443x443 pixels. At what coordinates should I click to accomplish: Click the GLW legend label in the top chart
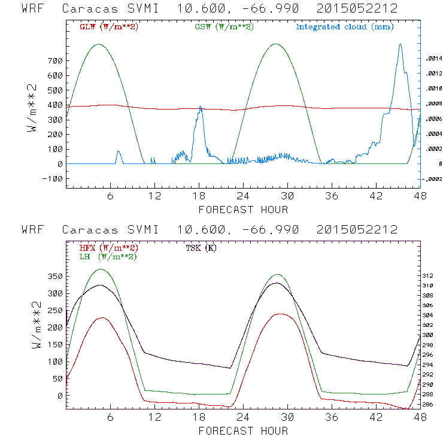point(108,27)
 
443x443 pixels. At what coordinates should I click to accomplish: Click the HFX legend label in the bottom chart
point(108,248)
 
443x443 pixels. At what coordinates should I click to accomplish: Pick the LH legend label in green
point(108,256)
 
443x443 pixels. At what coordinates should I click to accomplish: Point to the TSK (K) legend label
point(201,248)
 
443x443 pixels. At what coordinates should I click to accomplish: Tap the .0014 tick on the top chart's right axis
point(432,59)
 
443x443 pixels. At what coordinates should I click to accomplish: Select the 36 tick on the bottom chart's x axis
point(332,418)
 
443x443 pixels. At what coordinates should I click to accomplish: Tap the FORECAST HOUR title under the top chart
point(243,210)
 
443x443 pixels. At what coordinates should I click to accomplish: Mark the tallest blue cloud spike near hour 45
point(400,44)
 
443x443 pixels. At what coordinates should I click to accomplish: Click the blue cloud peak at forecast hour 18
point(201,107)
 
